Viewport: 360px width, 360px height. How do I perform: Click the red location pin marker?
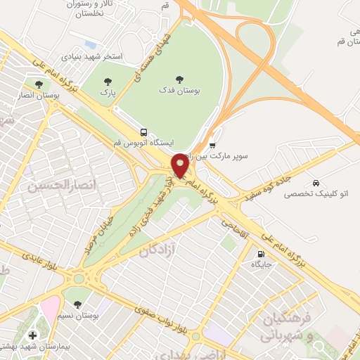pyautogui.click(x=181, y=166)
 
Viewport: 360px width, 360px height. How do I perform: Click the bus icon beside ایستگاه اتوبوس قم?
pyautogui.click(x=143, y=131)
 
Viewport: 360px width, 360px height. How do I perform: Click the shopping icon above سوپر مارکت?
pyautogui.click(x=213, y=144)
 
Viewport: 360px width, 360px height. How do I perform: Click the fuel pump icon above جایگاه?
pyautogui.click(x=262, y=254)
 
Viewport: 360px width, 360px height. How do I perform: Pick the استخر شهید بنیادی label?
pyautogui.click(x=91, y=56)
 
